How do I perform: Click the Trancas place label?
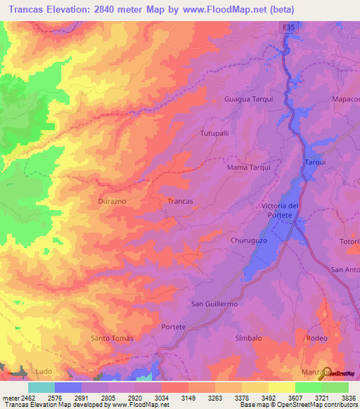click(x=181, y=201)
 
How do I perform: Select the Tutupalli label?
click(x=215, y=133)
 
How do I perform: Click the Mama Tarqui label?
click(x=249, y=168)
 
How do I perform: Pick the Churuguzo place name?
click(x=250, y=240)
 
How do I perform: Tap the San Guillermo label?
click(x=214, y=304)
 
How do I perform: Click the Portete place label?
click(x=174, y=327)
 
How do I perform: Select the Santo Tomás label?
click(x=112, y=338)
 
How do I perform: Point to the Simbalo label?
click(x=248, y=338)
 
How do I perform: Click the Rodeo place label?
click(x=317, y=338)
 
